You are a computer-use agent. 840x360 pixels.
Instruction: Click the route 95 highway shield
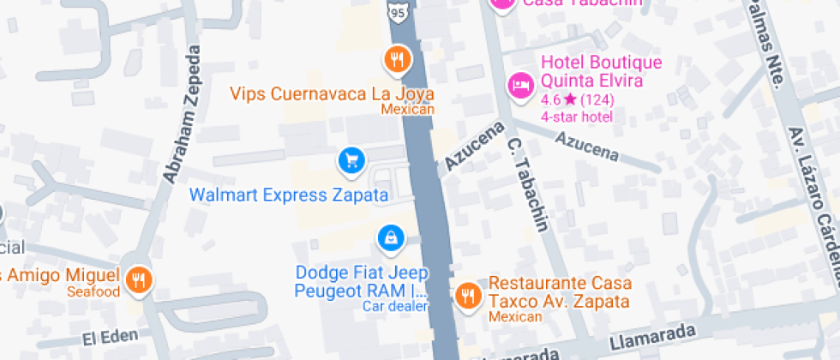pyautogui.click(x=396, y=12)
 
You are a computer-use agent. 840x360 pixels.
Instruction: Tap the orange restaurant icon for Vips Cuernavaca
pyautogui.click(x=396, y=60)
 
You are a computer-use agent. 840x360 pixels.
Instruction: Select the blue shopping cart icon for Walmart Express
pyautogui.click(x=350, y=159)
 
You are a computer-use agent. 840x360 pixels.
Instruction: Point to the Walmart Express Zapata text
pyautogui.click(x=288, y=195)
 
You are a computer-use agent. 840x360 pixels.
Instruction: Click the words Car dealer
pyautogui.click(x=394, y=305)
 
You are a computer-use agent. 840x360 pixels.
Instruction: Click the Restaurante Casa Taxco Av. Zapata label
pyautogui.click(x=560, y=292)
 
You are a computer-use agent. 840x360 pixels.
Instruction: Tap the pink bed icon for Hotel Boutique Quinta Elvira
pyautogui.click(x=519, y=85)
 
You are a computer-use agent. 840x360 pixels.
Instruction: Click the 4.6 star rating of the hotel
pyautogui.click(x=576, y=100)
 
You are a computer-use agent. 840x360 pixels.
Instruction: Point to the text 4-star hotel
pyautogui.click(x=576, y=117)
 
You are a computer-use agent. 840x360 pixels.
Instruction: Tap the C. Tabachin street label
pyautogui.click(x=527, y=184)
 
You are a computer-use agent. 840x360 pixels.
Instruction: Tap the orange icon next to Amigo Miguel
pyautogui.click(x=138, y=279)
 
